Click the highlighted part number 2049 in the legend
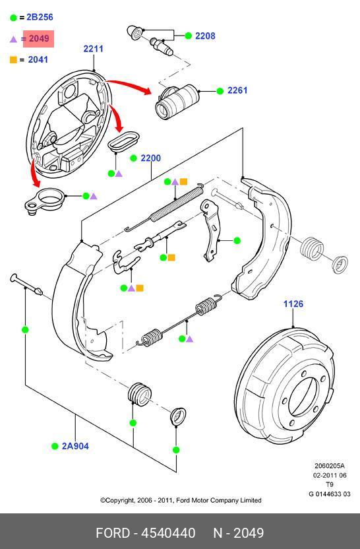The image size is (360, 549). [39, 38]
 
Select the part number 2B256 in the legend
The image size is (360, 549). [40, 17]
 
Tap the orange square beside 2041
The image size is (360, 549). [13, 60]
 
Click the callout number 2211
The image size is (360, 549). [94, 49]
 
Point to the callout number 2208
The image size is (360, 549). [205, 36]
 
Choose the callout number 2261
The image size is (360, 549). [237, 90]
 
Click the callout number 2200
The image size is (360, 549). [151, 158]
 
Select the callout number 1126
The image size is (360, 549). [293, 304]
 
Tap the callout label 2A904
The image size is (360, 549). [75, 446]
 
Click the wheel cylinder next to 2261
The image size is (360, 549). [177, 101]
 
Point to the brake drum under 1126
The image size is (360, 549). [284, 385]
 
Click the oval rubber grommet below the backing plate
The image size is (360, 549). [123, 141]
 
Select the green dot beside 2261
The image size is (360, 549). [220, 91]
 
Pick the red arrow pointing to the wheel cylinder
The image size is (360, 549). [129, 85]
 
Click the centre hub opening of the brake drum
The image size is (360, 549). [303, 396]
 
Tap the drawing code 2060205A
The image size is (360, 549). [330, 466]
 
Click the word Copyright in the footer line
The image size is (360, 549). [121, 500]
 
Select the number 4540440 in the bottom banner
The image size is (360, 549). [168, 533]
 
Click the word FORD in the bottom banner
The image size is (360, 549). [113, 533]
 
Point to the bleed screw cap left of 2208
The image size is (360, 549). [135, 32]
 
